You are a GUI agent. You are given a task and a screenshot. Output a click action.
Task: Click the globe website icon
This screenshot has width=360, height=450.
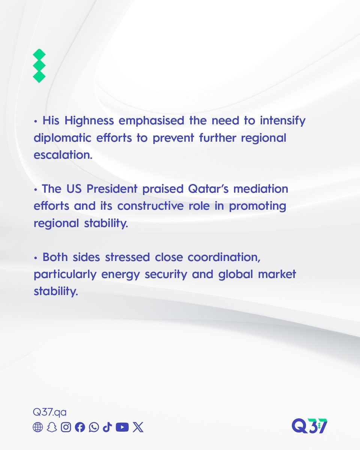[x=38, y=427]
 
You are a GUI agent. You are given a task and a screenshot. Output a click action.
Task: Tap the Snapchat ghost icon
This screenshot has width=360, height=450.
[x=52, y=427]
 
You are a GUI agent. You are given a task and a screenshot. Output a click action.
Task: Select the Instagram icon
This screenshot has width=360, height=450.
[x=66, y=427]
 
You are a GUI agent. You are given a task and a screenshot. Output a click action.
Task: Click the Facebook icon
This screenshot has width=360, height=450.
[x=80, y=427]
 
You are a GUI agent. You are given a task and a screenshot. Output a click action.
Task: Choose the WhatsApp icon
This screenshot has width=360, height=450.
[x=94, y=427]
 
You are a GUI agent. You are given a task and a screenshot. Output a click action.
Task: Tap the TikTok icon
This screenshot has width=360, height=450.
[x=107, y=427]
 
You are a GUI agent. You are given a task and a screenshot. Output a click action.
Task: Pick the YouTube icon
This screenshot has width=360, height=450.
[x=122, y=427]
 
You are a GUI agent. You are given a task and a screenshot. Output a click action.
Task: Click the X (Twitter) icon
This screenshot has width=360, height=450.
[x=138, y=427]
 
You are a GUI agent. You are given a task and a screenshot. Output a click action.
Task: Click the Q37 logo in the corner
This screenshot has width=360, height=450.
[x=309, y=426]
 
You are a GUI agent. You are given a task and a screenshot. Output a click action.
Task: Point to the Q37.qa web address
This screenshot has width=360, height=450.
[x=50, y=412]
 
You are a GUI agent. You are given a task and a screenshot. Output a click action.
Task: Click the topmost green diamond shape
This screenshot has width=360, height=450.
[x=39, y=55]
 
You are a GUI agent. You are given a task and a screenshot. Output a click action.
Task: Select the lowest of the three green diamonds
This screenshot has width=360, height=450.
[x=39, y=76]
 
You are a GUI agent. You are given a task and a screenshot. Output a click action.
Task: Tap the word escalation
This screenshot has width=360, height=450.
[x=63, y=155]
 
